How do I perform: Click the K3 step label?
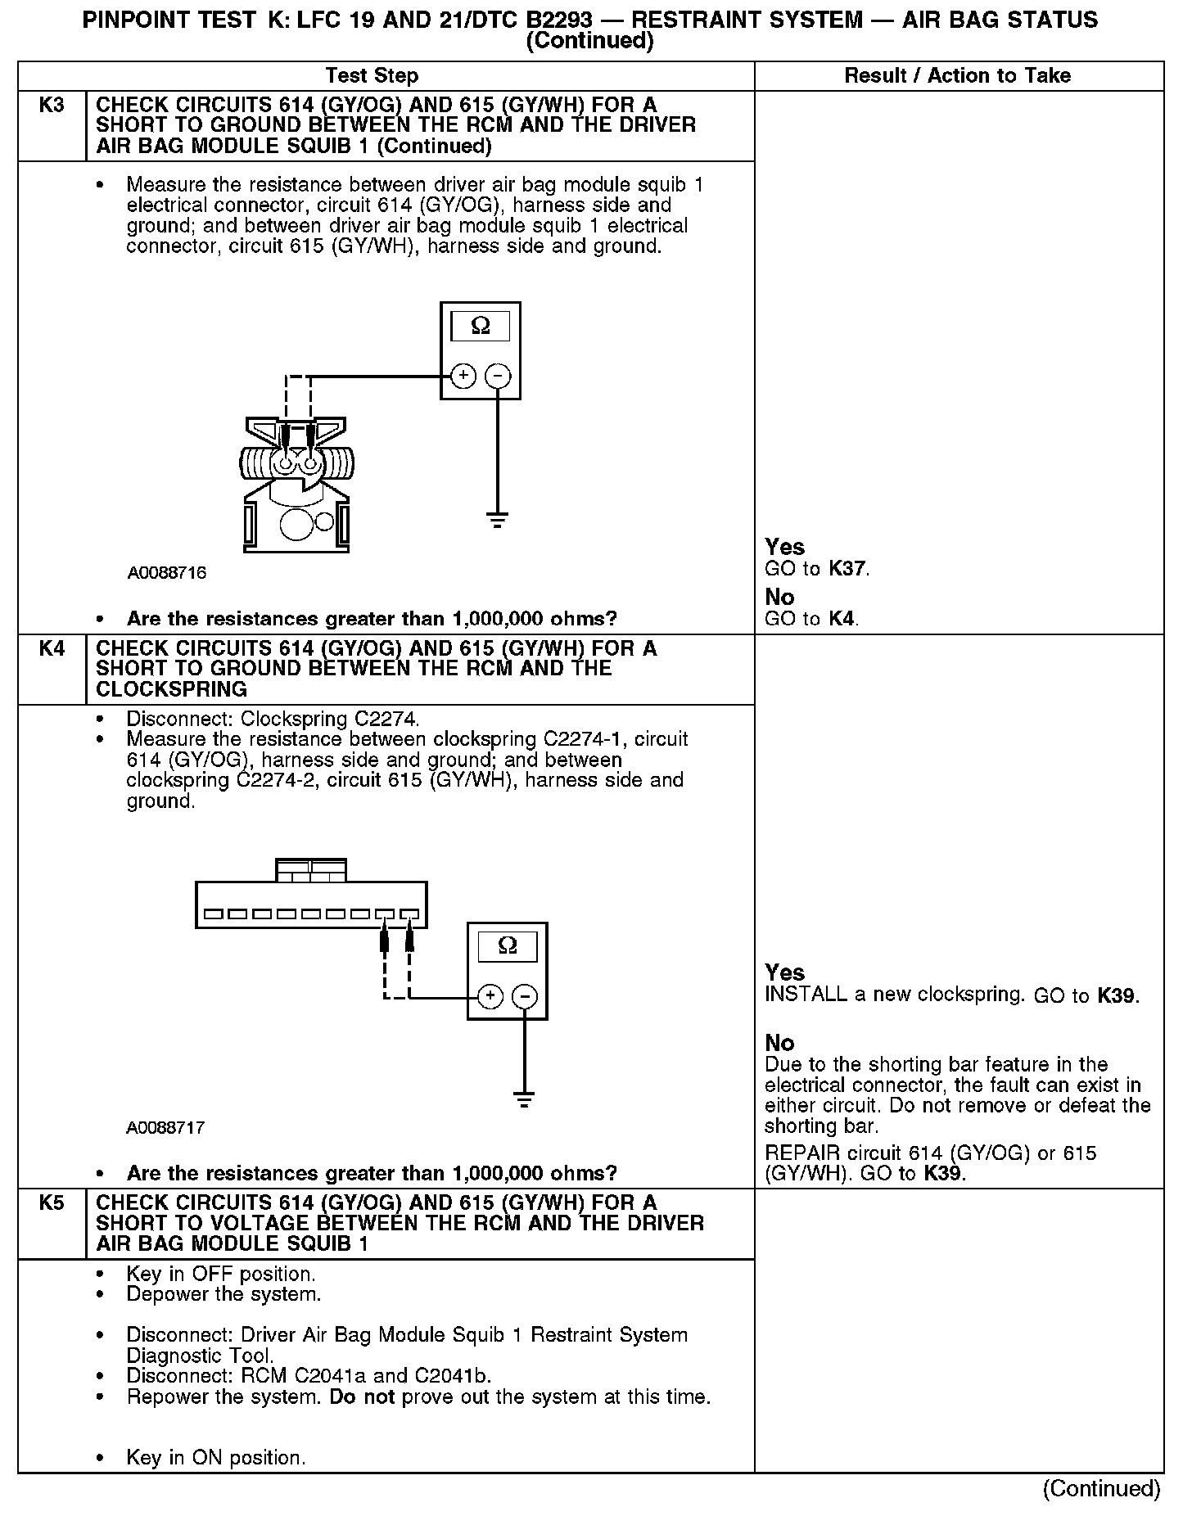coord(52,106)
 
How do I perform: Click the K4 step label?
coord(52,649)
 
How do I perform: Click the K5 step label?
coord(52,1203)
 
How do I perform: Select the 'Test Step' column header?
coord(372,76)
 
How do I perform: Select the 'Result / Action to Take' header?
coord(957,76)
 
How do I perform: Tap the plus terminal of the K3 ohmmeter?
coord(463,376)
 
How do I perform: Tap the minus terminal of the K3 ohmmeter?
coord(498,376)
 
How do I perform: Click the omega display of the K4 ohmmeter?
coord(508,946)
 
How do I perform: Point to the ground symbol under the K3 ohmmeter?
coord(498,519)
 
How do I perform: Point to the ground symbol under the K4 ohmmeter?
coord(525,1099)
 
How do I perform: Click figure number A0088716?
coord(167,573)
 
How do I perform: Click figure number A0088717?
coord(165,1128)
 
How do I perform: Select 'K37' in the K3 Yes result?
coord(847,569)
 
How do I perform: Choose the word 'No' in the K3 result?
coord(779,597)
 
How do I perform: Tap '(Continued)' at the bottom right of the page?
coord(1101,1488)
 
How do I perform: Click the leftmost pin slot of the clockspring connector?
coord(214,914)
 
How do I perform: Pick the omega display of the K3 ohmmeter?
coord(481,327)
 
